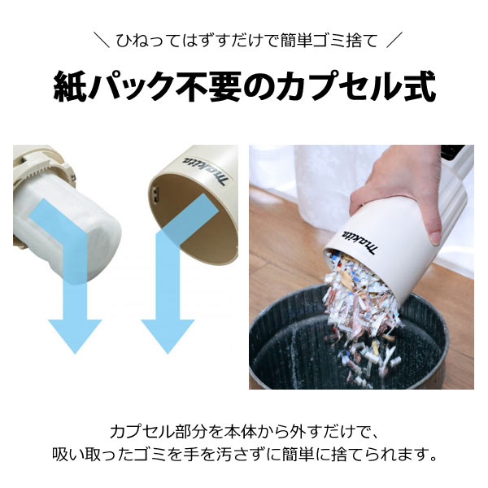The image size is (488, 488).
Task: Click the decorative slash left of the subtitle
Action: pos(101,38)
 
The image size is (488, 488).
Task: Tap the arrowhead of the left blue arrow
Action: pos(75,334)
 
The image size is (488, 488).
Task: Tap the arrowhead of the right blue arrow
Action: pos(168,334)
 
